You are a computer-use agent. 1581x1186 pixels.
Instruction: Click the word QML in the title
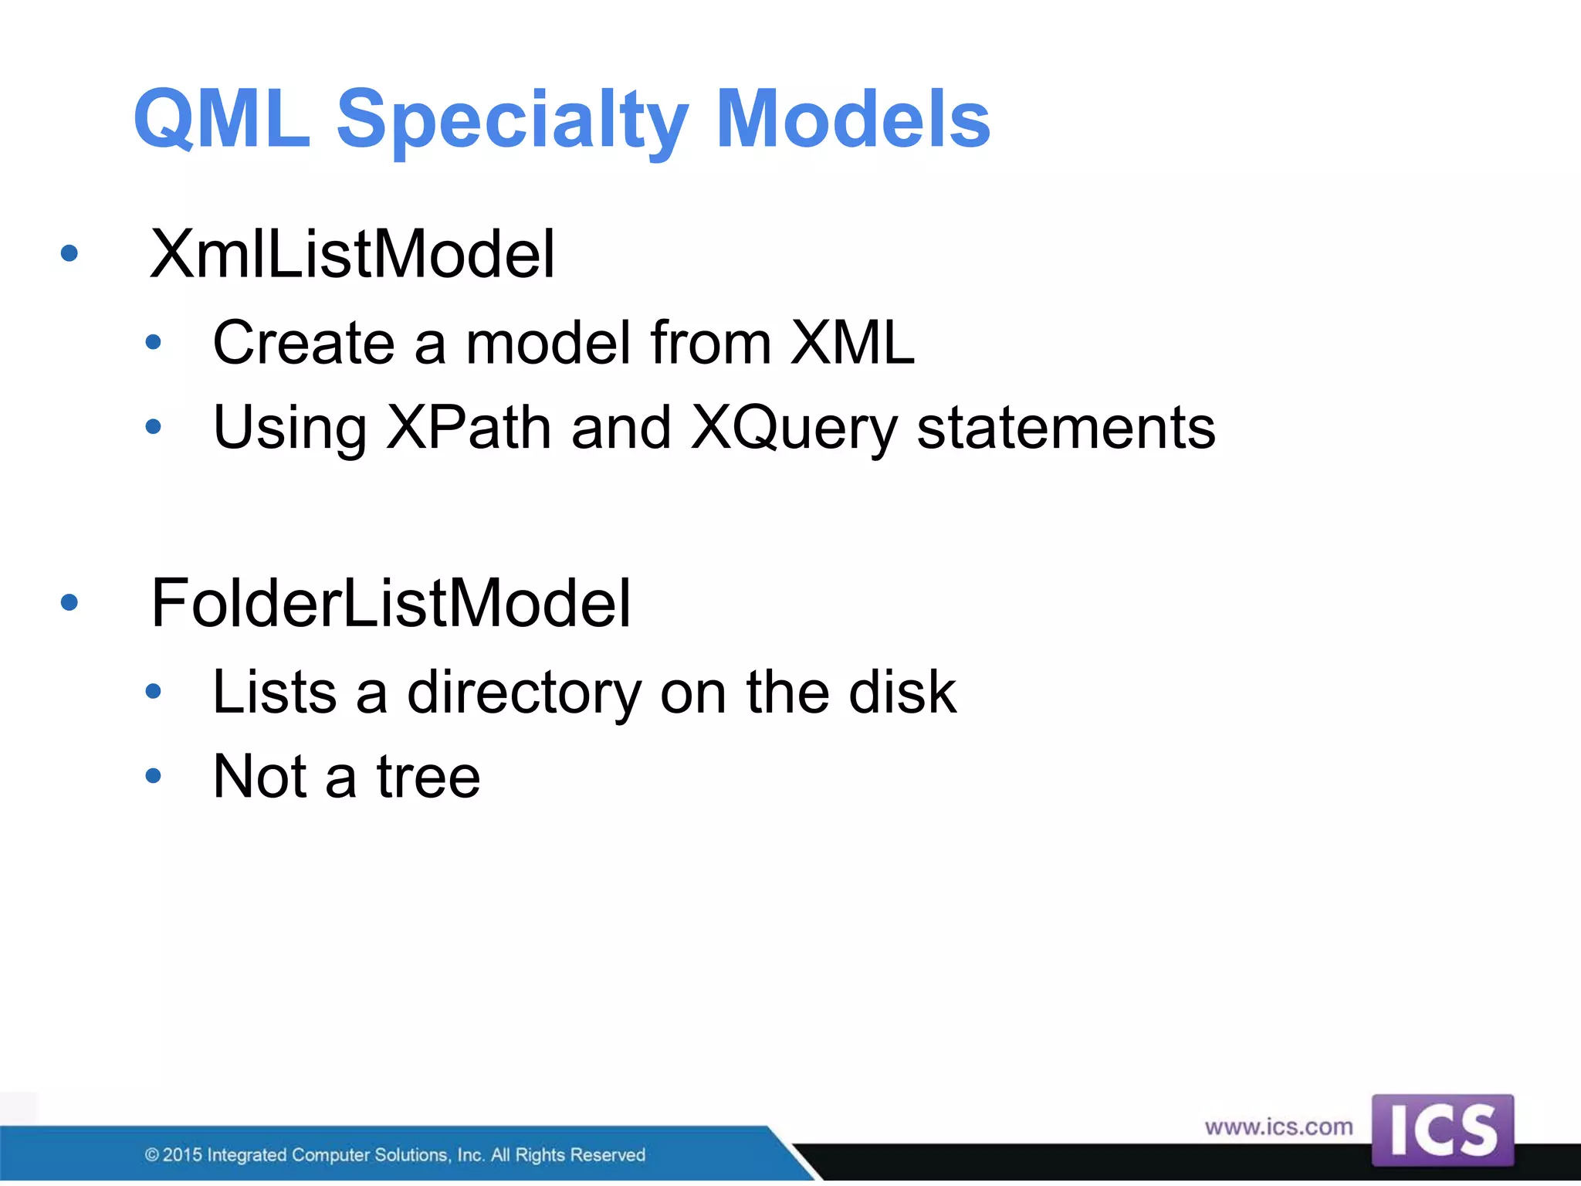click(222, 120)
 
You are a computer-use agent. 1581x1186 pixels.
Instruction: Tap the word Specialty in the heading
click(512, 120)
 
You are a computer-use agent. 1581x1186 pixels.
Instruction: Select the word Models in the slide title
click(853, 120)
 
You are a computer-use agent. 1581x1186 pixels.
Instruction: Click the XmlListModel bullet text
click(352, 255)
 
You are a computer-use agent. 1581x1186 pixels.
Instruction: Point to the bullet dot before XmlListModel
click(69, 253)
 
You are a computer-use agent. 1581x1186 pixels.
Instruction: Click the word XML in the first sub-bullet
click(852, 343)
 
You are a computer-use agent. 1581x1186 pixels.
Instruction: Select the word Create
click(303, 343)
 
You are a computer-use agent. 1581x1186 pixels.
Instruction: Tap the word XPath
click(469, 428)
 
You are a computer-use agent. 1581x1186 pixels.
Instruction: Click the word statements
click(1065, 428)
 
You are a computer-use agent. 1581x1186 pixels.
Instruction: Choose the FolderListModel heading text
click(391, 603)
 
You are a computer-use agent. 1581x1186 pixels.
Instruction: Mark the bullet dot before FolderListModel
click(69, 602)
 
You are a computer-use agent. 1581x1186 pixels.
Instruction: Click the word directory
click(524, 693)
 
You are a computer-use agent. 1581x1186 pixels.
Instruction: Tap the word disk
click(902, 692)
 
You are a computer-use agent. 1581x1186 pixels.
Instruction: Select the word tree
click(428, 777)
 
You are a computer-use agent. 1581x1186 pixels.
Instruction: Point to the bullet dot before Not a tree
click(154, 776)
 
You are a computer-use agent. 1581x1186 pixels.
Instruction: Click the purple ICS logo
click(1442, 1130)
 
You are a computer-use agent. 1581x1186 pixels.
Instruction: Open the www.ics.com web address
click(1278, 1127)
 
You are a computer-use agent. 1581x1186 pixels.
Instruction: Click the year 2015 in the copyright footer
click(182, 1155)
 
